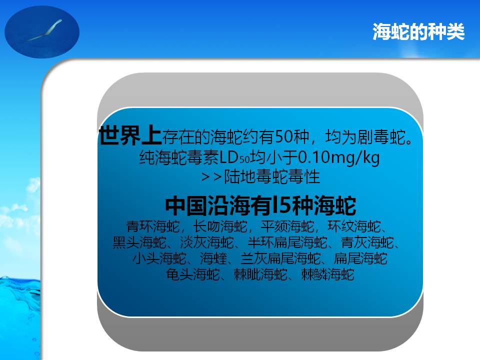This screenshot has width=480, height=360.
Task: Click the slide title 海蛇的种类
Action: (x=418, y=31)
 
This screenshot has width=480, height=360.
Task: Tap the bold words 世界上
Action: (x=130, y=135)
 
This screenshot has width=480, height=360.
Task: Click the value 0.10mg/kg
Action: (x=339, y=157)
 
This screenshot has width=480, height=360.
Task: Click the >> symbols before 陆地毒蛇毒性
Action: (x=211, y=177)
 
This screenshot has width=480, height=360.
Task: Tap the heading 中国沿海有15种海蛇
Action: (x=260, y=205)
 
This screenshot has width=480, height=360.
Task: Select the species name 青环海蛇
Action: (x=153, y=226)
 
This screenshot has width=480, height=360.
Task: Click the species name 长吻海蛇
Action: (x=220, y=226)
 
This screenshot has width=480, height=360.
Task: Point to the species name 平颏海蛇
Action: (x=287, y=226)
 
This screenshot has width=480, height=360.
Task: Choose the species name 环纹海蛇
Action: (x=354, y=226)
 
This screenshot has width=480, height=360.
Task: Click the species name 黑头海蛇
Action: (x=139, y=242)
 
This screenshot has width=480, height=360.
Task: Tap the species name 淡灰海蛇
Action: (x=207, y=242)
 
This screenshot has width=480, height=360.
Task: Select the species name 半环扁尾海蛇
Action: (x=287, y=242)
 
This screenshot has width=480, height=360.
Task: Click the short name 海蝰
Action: (x=213, y=258)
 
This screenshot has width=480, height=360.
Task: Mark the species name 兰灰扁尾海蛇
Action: (x=280, y=258)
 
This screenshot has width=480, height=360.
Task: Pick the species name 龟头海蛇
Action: (x=193, y=274)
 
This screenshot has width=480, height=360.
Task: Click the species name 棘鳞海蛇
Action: (x=327, y=274)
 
